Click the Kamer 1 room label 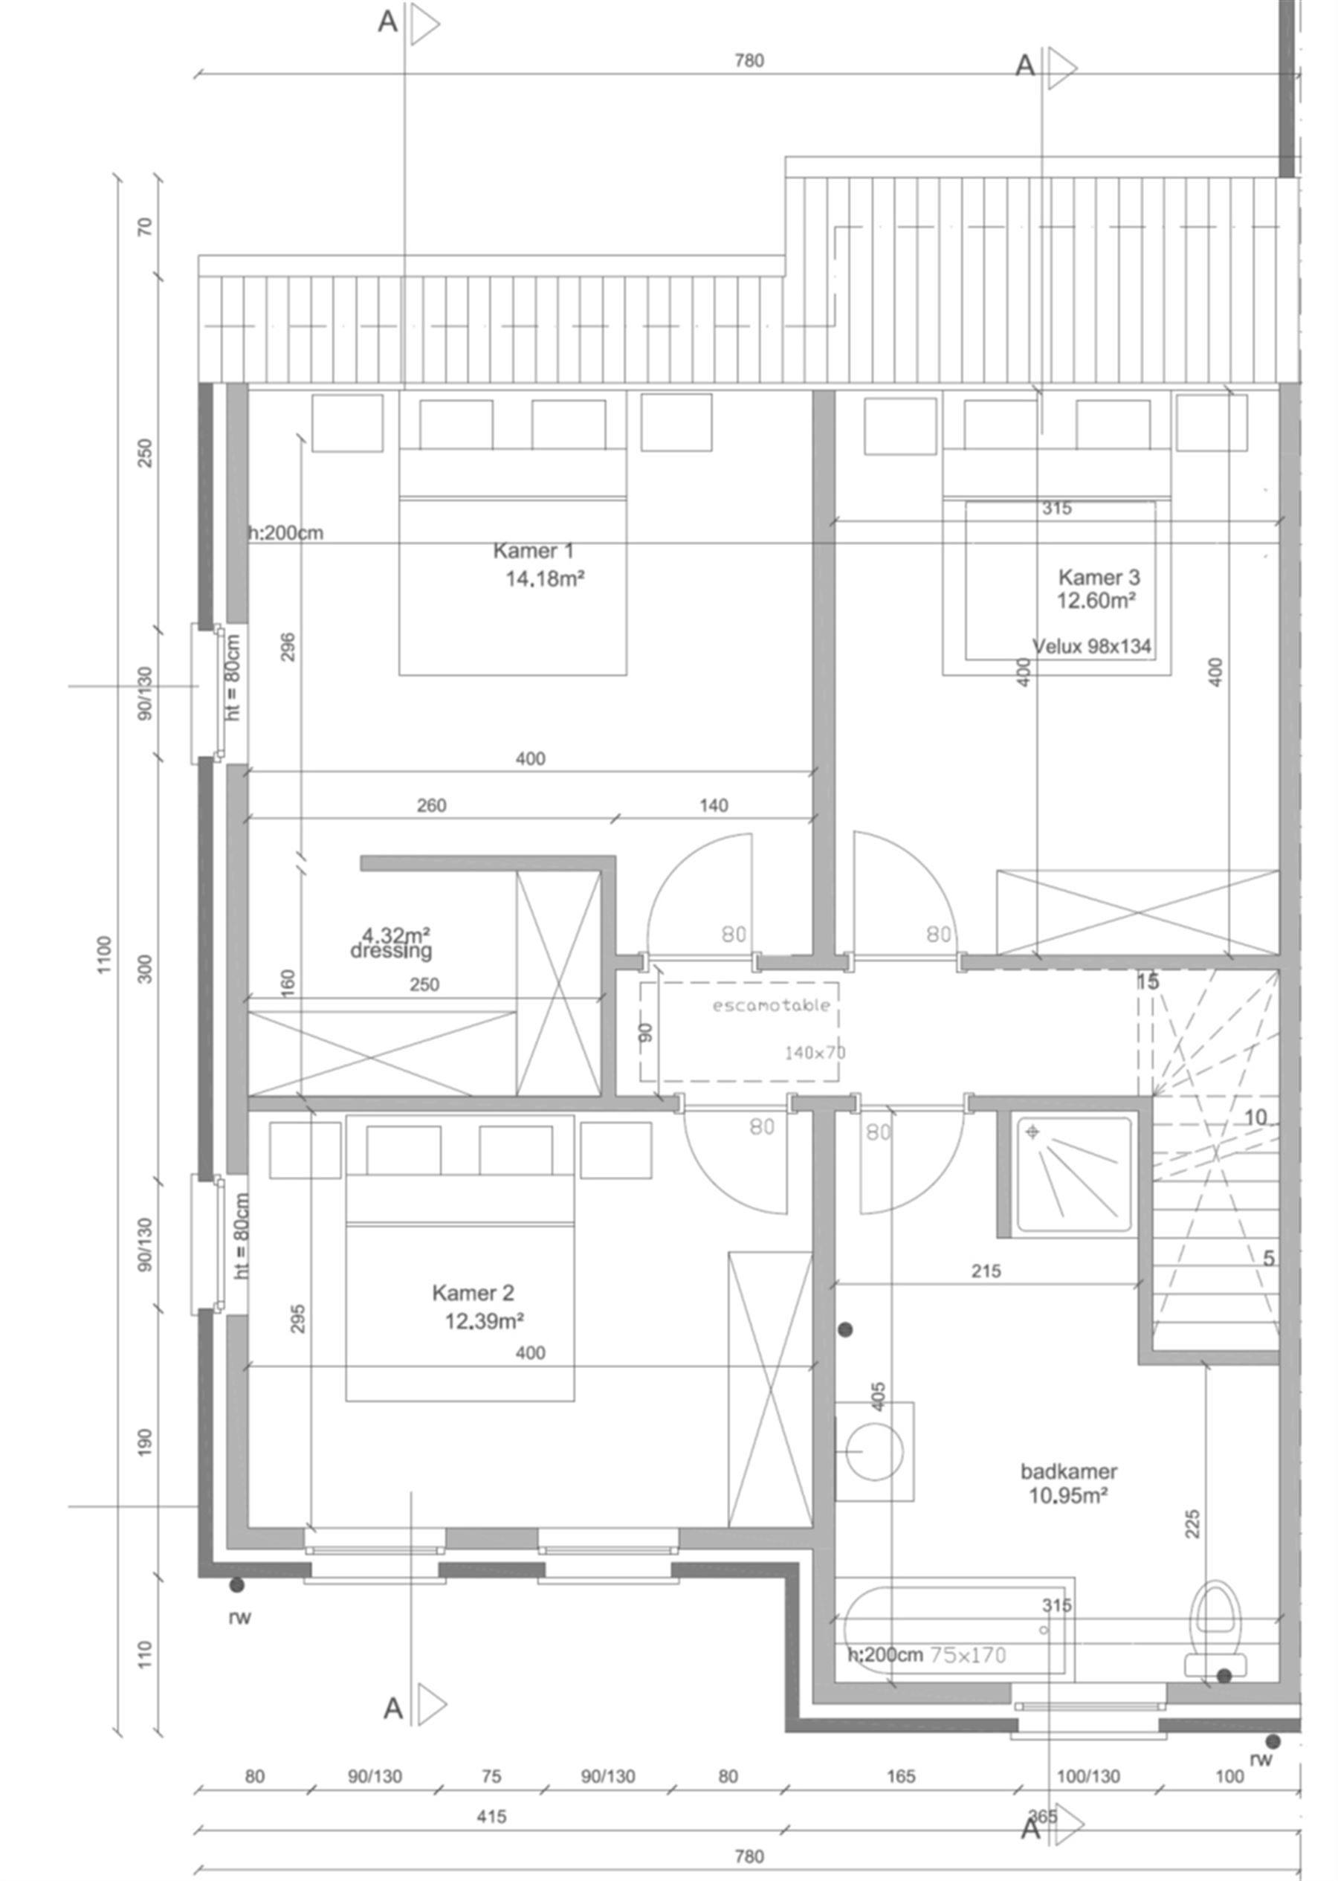click(533, 550)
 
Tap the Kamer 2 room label click(473, 1292)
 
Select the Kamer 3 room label click(1099, 578)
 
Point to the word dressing click(390, 951)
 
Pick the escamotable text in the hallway click(771, 1005)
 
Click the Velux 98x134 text click(1092, 646)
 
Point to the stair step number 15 click(1147, 981)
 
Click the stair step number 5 click(1268, 1258)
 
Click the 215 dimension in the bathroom click(986, 1271)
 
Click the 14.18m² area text click(545, 579)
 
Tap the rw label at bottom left click(240, 1617)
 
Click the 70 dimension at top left click(145, 227)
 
